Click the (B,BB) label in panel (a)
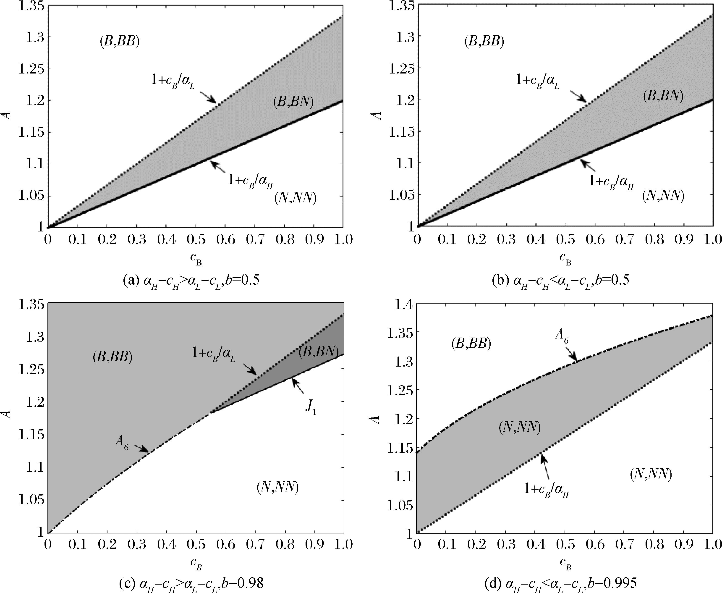click(120, 42)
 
